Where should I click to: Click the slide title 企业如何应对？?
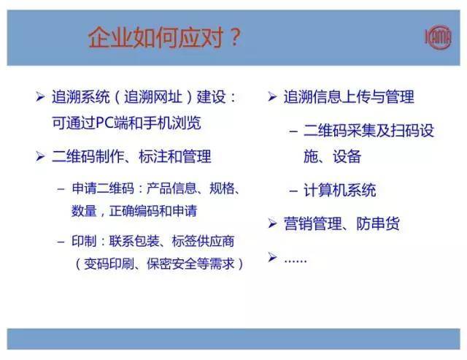[x=163, y=37]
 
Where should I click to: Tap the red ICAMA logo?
[x=438, y=37]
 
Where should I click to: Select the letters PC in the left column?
[x=106, y=122]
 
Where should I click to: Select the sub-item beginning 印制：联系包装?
[x=153, y=241]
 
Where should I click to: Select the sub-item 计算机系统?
[x=339, y=191]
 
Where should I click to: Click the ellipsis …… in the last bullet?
[x=295, y=258]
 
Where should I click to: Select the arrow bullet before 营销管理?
[x=271, y=224]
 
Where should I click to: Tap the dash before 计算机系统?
[x=293, y=191]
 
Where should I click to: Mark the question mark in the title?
[x=233, y=37]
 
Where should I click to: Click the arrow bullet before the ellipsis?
[x=271, y=258]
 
